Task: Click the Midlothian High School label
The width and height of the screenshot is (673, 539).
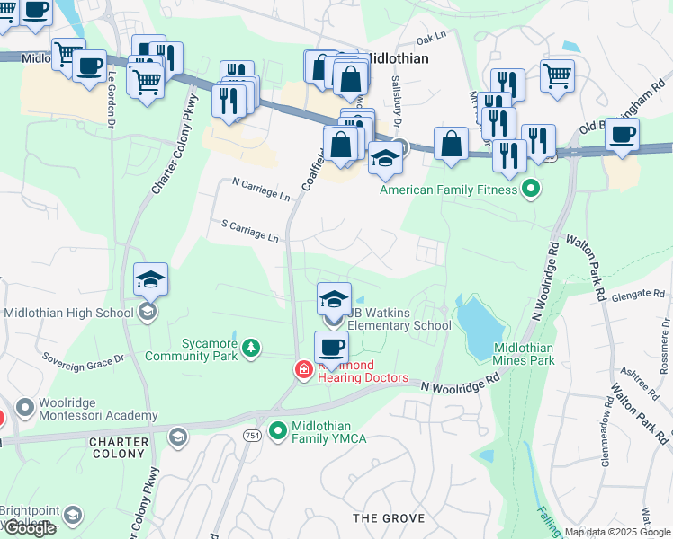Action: [70, 313]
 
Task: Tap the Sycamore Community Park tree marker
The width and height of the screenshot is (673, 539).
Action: [253, 347]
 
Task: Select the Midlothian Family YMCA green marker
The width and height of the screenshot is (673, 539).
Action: [279, 431]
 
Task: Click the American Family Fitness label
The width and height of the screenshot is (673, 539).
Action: [448, 190]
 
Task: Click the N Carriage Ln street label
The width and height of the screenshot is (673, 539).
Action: [261, 190]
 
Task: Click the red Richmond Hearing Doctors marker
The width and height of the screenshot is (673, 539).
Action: [304, 369]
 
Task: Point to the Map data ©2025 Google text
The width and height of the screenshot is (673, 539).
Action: [616, 532]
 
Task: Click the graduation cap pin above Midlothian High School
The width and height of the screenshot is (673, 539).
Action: [150, 279]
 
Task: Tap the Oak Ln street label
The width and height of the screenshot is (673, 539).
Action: [432, 38]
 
